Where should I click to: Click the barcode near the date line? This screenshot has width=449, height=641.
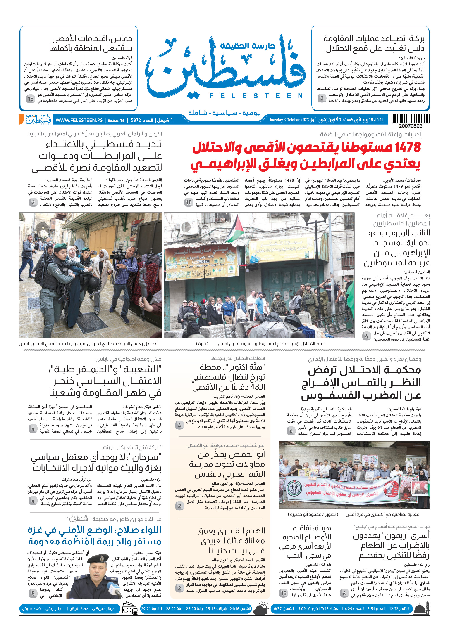(x=410, y=119)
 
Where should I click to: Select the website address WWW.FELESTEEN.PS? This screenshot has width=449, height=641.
(x=79, y=120)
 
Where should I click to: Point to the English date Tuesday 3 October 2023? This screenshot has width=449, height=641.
(x=289, y=120)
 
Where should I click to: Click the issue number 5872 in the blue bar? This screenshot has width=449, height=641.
(x=136, y=120)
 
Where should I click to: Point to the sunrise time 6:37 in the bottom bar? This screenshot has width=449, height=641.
(x=278, y=609)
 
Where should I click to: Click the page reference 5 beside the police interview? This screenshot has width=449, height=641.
(x=33, y=594)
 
